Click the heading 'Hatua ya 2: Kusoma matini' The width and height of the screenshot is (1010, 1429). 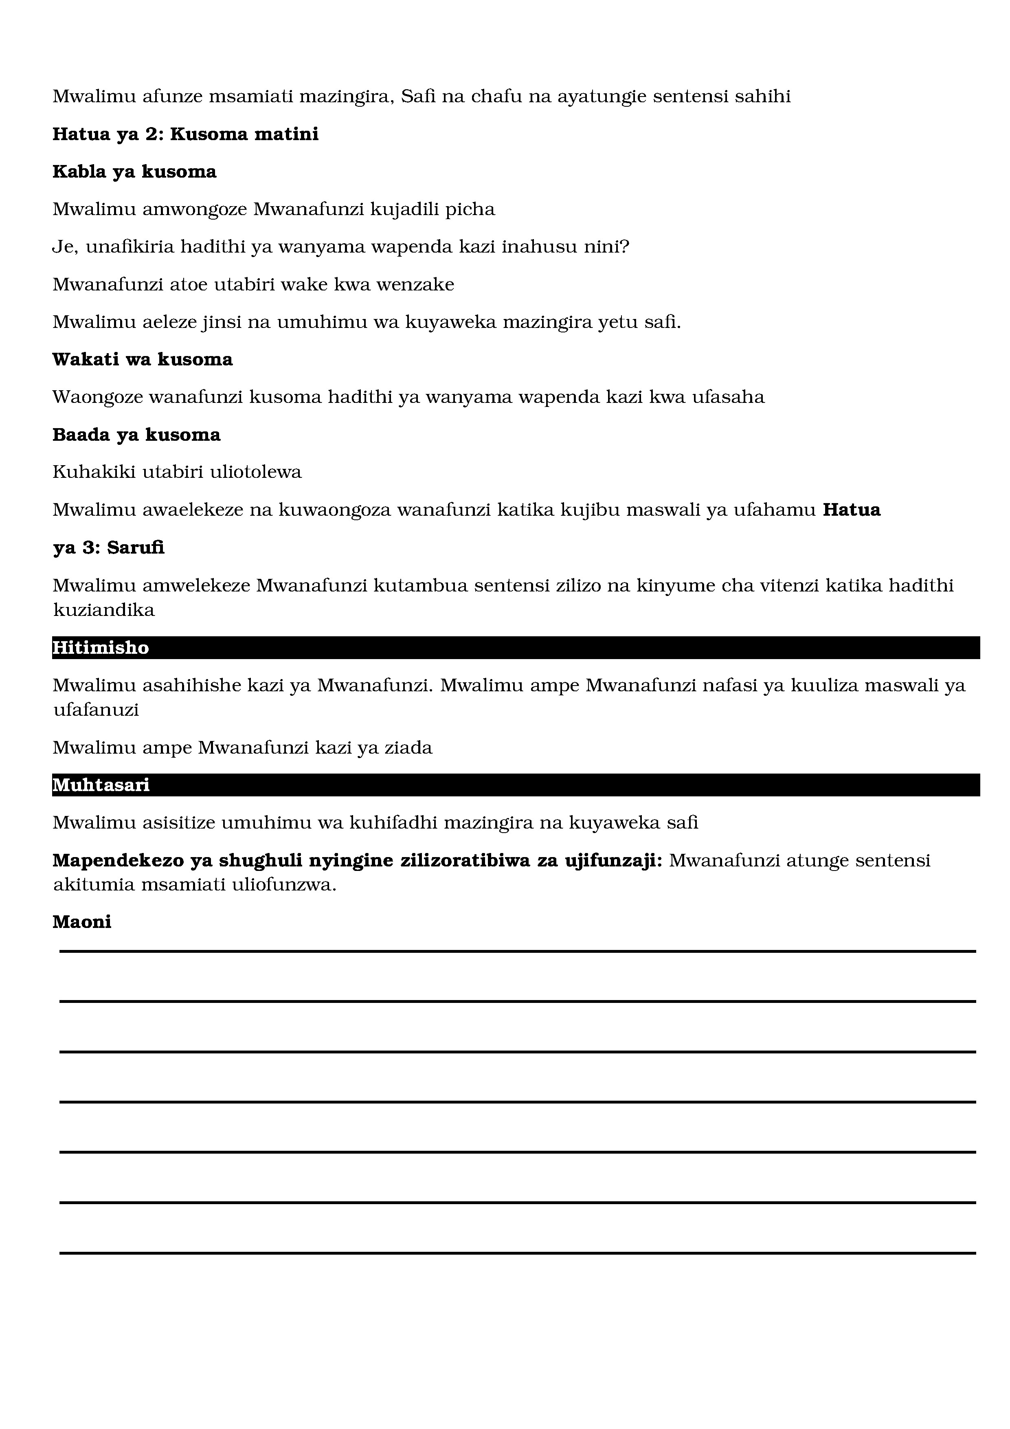click(x=185, y=134)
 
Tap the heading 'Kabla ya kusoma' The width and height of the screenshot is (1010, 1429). click(x=134, y=172)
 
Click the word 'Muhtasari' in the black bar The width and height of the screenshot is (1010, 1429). click(x=101, y=785)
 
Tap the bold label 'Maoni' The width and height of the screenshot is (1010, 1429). click(x=81, y=922)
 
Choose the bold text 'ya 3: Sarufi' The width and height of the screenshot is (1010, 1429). click(x=108, y=548)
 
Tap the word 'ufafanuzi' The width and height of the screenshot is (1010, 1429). click(x=96, y=710)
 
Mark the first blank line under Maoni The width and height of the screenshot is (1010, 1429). click(x=516, y=951)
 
